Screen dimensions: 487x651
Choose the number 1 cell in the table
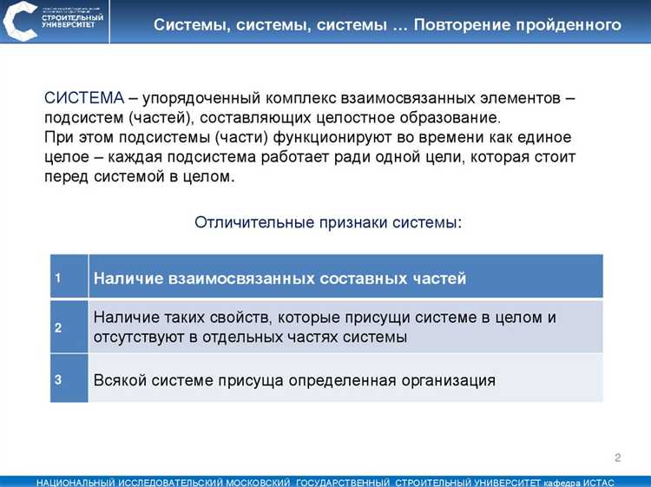(x=58, y=278)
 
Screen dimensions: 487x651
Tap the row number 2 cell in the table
(x=58, y=327)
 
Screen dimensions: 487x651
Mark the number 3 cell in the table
(x=58, y=379)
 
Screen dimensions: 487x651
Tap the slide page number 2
(x=618, y=457)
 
